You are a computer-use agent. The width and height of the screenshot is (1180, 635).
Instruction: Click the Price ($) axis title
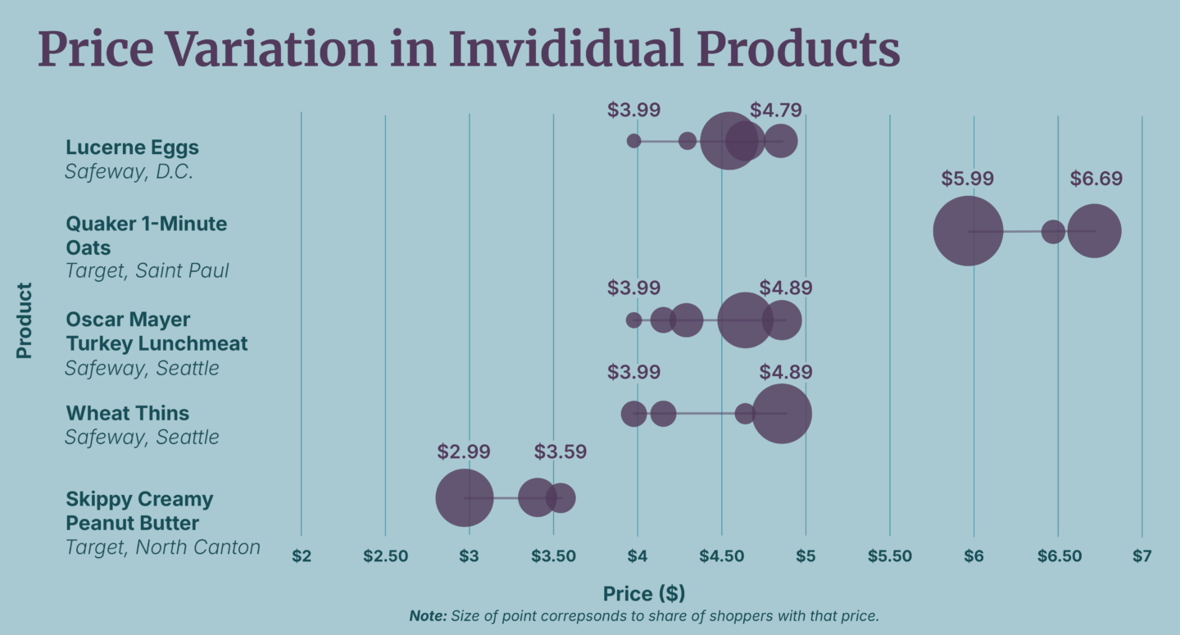pos(644,594)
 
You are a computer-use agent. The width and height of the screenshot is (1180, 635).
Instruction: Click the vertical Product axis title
pos(25,320)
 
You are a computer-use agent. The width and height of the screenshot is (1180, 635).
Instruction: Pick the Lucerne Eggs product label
pos(132,147)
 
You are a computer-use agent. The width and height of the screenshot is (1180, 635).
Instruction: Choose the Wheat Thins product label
pos(127,413)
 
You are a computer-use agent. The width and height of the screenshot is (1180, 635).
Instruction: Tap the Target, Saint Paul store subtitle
pos(147,270)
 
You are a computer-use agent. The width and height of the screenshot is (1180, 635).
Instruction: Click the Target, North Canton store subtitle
pos(162,547)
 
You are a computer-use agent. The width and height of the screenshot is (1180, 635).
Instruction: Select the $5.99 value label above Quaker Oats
pos(968,179)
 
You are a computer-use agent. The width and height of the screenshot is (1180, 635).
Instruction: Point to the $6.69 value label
pos(1096,179)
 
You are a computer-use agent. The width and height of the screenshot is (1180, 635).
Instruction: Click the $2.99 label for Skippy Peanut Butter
pos(464,451)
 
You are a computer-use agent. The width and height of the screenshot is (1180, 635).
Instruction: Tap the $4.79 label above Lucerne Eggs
pos(775,111)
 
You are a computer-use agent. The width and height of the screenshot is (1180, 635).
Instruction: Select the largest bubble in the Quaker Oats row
pos(968,231)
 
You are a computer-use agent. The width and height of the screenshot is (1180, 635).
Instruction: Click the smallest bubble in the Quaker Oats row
pos(1053,231)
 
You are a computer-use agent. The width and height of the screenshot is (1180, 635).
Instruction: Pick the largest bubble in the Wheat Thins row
pos(782,414)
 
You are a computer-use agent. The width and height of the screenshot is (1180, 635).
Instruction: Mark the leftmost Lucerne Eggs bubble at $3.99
pos(633,141)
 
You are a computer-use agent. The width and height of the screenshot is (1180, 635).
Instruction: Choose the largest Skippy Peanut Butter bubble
pos(465,497)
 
